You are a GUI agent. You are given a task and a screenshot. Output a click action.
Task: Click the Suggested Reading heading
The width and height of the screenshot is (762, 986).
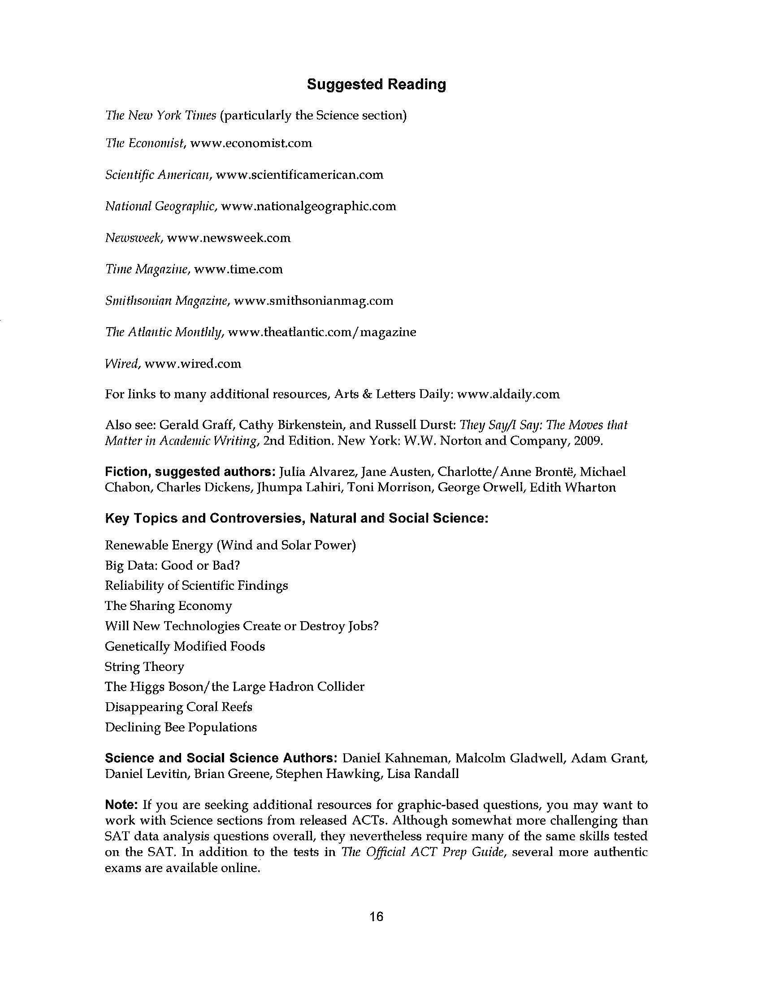click(x=376, y=84)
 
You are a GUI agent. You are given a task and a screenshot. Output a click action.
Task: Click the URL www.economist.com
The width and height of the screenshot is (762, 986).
click(x=251, y=143)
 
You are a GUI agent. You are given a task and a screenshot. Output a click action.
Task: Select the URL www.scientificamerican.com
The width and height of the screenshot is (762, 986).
click(x=299, y=175)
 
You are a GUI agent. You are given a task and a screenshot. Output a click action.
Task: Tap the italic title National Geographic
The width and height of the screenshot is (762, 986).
click(x=161, y=206)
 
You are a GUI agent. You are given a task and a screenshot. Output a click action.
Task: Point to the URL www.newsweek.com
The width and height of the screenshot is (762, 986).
click(x=229, y=238)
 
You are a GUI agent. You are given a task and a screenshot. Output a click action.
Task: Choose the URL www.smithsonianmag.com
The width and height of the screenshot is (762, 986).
click(x=314, y=301)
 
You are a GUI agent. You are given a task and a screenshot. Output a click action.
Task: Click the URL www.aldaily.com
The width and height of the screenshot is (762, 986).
click(x=508, y=394)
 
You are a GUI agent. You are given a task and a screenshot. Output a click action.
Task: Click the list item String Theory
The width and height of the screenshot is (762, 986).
click(x=144, y=666)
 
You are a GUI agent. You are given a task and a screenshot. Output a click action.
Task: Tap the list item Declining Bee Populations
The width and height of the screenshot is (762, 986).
click(x=181, y=727)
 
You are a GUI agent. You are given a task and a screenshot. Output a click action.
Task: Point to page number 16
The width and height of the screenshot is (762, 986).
click(x=376, y=917)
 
